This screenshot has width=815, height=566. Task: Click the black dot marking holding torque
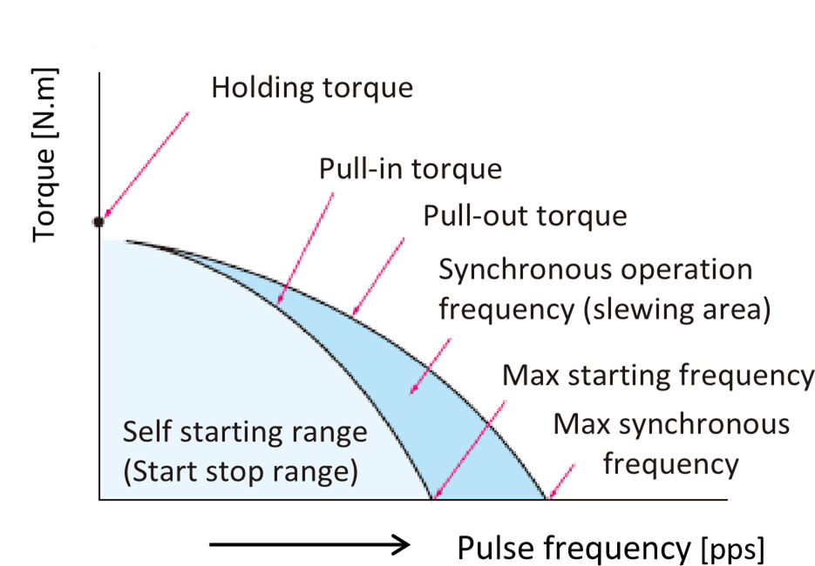(98, 221)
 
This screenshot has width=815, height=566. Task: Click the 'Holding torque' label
(312, 88)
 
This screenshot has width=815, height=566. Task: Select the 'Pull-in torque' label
(410, 168)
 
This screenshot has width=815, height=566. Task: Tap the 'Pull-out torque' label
(525, 215)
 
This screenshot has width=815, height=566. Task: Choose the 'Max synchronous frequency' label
(671, 443)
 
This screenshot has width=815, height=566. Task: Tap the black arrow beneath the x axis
(309, 546)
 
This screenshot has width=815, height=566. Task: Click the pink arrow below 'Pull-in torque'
(305, 247)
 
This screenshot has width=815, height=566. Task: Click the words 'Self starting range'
(245, 432)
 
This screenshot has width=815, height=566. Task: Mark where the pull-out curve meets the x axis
(547, 499)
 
